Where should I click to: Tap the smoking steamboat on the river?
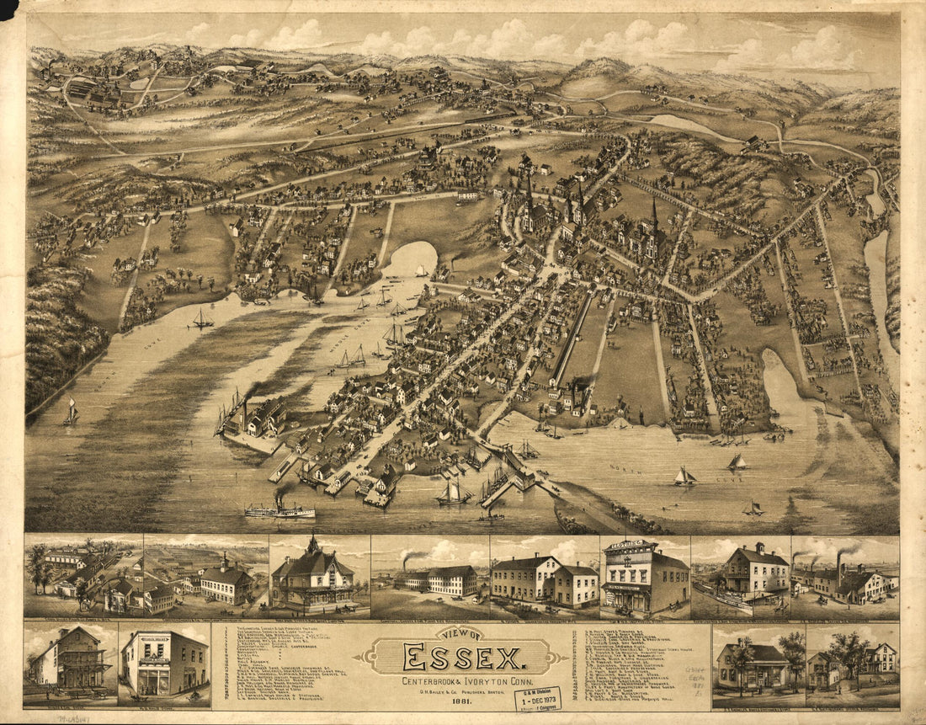279,509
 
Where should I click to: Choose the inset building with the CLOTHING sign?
644,578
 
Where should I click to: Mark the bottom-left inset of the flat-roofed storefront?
164,664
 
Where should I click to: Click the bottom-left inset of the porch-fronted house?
71,664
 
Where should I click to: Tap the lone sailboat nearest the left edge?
72,413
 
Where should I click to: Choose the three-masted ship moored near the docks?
453,492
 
